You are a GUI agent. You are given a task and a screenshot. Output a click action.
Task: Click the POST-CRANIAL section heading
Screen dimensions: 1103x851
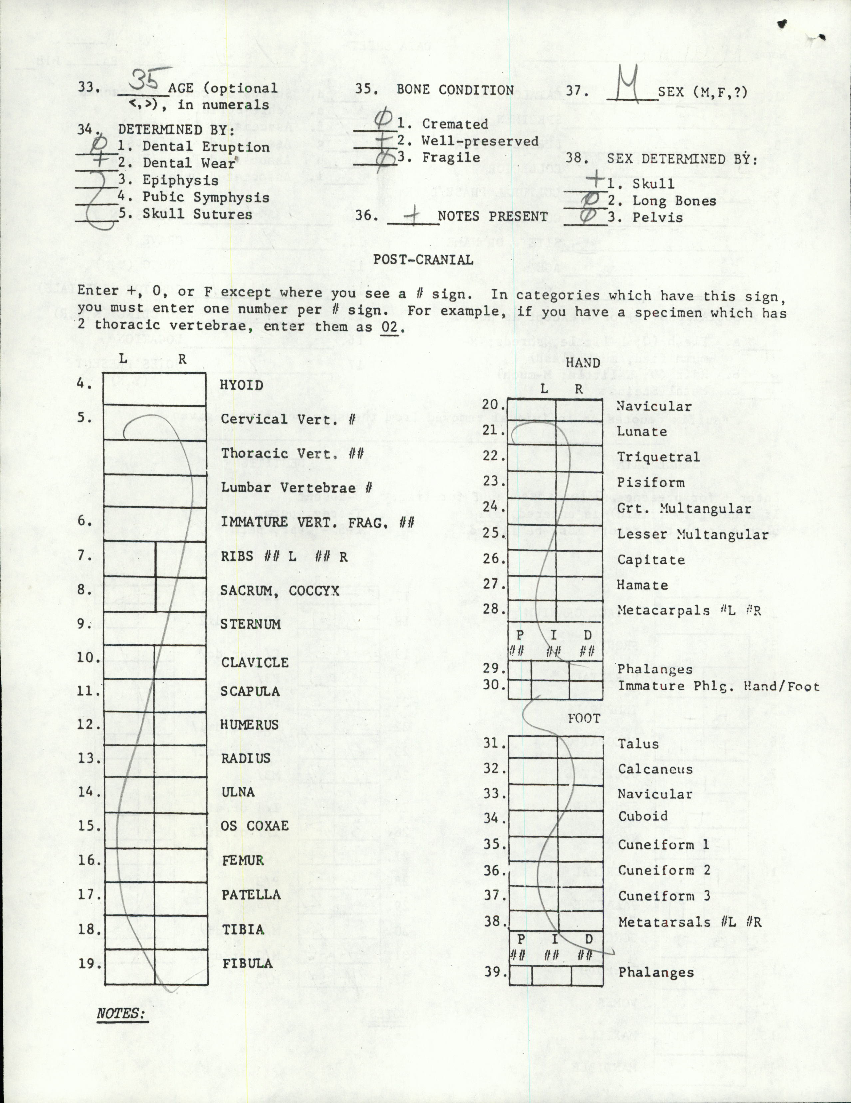[x=423, y=260]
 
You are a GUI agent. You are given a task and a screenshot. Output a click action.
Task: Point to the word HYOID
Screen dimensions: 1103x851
[x=241, y=385]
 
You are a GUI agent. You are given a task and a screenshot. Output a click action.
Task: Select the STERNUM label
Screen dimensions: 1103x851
[x=250, y=624]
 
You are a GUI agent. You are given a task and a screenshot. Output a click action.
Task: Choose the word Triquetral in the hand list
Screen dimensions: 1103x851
[x=658, y=457]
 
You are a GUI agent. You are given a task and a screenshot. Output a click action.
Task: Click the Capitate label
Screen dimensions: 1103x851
[x=651, y=560]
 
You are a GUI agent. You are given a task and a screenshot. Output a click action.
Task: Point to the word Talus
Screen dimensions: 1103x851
[x=638, y=744]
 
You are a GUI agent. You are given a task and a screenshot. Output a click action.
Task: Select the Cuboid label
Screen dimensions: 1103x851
[x=643, y=816]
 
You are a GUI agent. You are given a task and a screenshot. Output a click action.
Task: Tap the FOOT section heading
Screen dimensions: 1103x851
[x=584, y=719]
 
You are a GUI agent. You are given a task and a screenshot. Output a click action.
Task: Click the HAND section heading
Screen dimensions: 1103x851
[x=583, y=363]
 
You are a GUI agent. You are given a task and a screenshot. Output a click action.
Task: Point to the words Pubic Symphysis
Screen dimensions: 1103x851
[x=206, y=197]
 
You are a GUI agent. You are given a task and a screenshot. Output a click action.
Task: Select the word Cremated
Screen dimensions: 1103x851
[x=454, y=124]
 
